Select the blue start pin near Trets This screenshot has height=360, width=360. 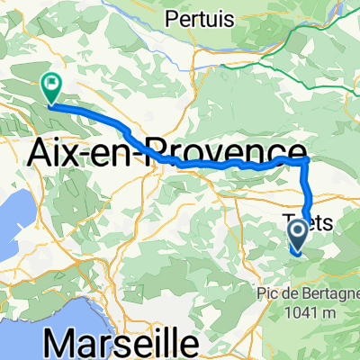[x=300, y=238]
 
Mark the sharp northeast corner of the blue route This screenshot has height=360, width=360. [x=307, y=159]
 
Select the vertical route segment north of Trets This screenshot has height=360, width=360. [x=308, y=189]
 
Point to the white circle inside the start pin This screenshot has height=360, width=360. [x=300, y=234]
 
